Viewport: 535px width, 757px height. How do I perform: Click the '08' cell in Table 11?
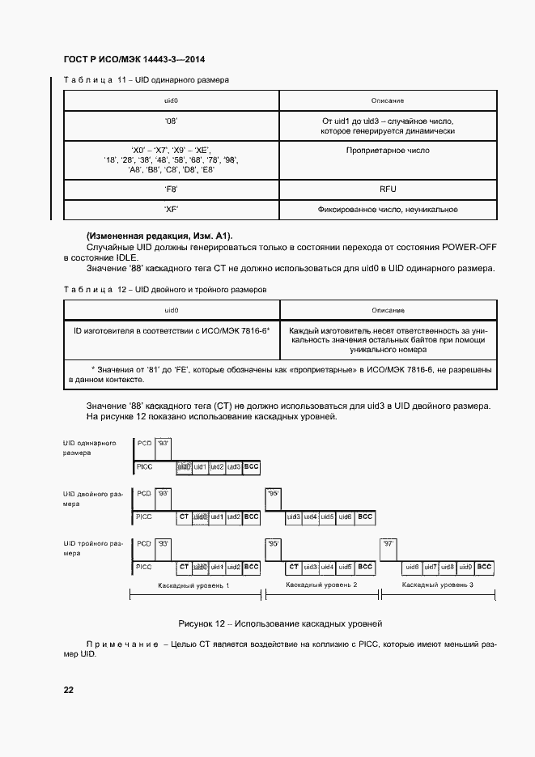(x=171, y=121)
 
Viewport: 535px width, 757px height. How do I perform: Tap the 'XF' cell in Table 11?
(x=171, y=210)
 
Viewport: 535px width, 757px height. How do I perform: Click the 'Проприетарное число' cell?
(x=387, y=151)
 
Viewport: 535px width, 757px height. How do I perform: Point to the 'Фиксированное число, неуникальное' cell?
(x=387, y=210)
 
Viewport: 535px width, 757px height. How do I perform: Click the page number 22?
(x=68, y=690)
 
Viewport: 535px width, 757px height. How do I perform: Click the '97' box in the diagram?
(x=389, y=544)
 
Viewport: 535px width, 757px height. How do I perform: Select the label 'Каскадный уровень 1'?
(x=194, y=585)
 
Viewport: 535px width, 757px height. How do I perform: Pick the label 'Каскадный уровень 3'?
(x=437, y=585)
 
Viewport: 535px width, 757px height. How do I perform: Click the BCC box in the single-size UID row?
(x=252, y=467)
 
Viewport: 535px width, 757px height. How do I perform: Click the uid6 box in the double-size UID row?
(x=345, y=517)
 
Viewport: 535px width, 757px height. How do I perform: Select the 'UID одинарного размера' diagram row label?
(x=89, y=449)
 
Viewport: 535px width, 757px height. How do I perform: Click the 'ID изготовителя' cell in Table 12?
(x=171, y=330)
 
